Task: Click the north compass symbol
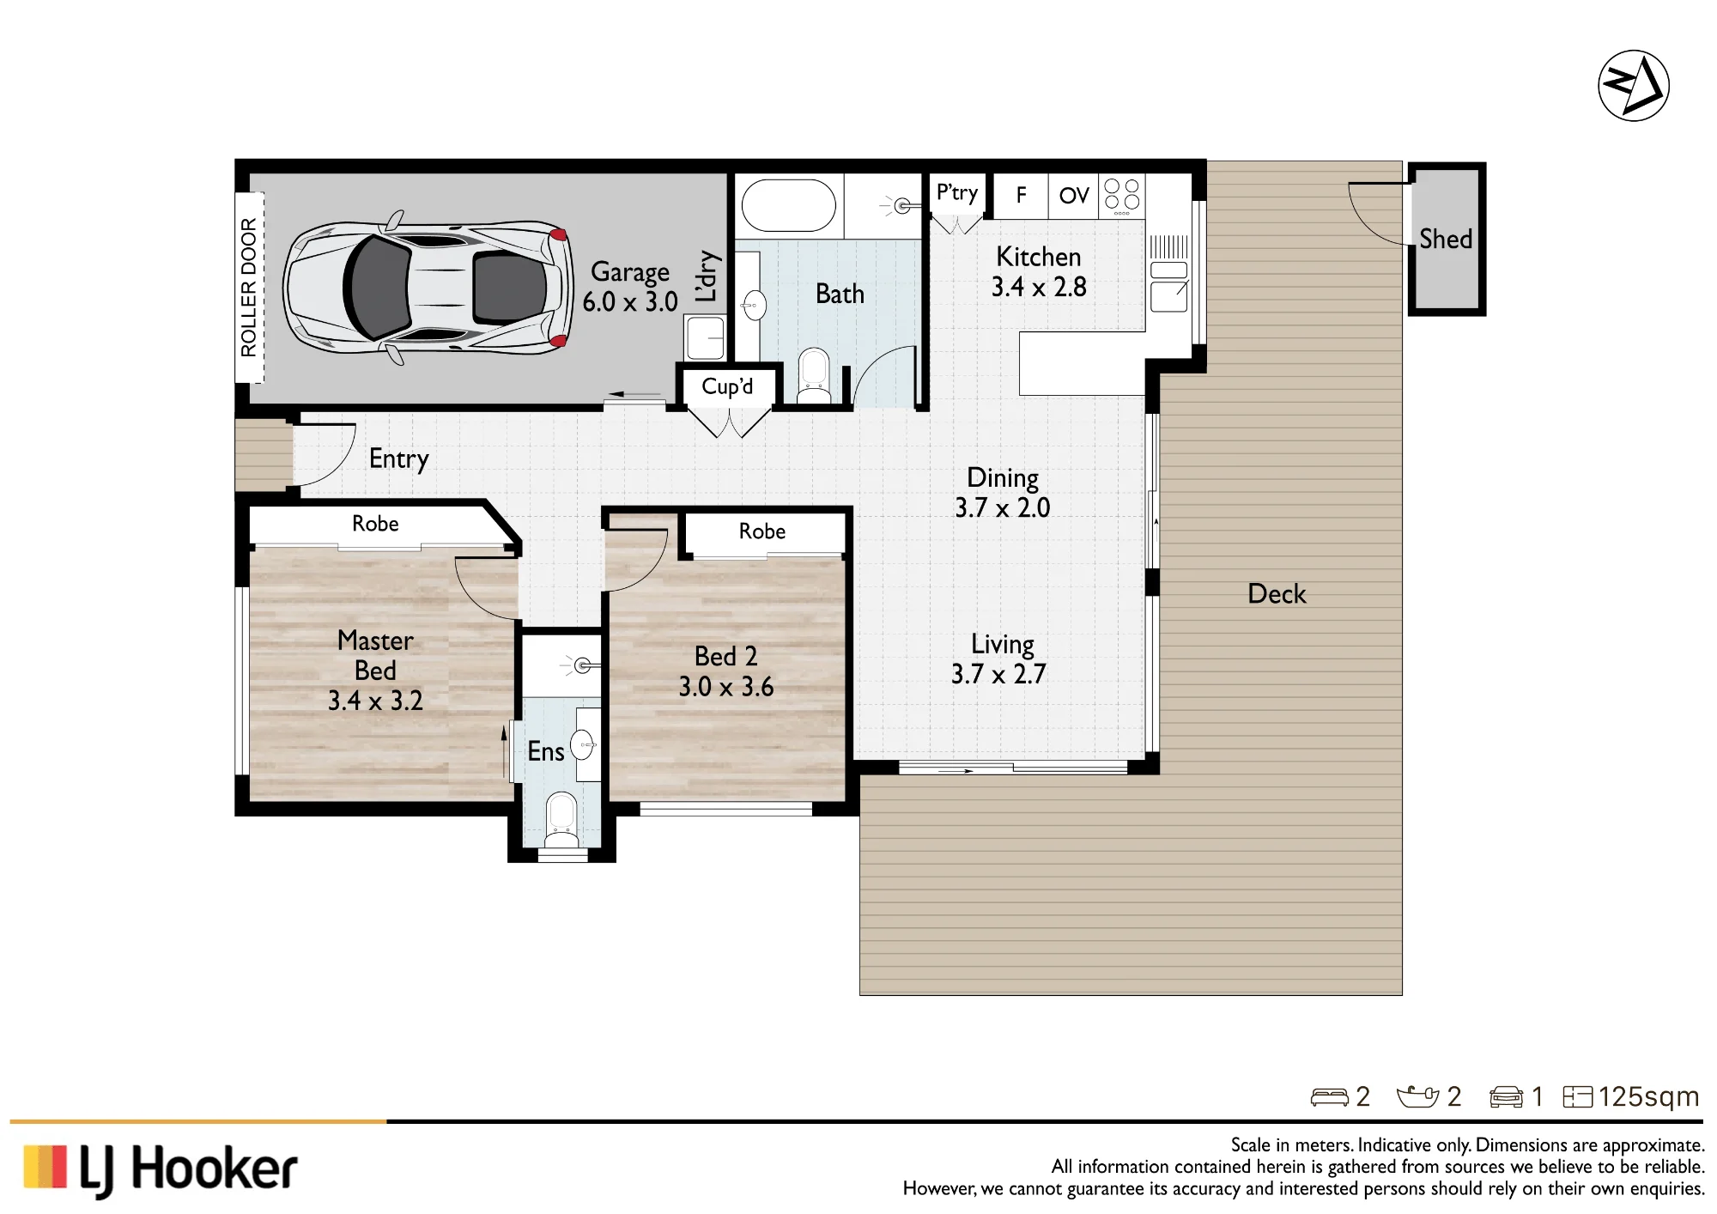coord(1633,86)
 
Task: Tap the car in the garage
coord(428,288)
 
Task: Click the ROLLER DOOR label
coord(248,288)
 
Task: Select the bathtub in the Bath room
coord(788,205)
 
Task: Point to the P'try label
coord(956,193)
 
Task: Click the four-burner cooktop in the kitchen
coord(1121,197)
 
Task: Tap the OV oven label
coord(1073,196)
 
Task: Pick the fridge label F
coord(1021,196)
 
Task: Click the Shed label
coord(1446,239)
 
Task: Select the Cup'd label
coord(727,386)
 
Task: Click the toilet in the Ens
coord(561,820)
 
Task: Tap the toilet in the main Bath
coord(813,376)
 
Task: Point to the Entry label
coord(398,459)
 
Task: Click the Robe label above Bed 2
coord(762,531)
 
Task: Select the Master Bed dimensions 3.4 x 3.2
coord(375,701)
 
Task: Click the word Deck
coord(1277,594)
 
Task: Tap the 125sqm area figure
coord(1648,1096)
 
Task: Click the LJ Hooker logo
coord(161,1169)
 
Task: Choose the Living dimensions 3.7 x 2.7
coord(998,675)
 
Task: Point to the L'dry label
coord(706,276)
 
